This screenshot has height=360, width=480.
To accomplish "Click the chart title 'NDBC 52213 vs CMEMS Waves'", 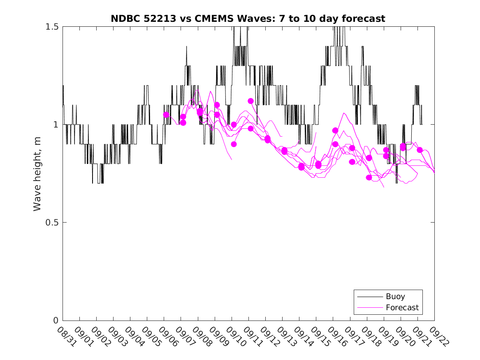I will pos(248,19).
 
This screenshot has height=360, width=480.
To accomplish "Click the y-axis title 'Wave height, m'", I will pos(37,174).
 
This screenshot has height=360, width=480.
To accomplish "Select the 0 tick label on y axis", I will pos(56,321).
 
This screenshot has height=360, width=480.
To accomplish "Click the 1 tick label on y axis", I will pos(56,125).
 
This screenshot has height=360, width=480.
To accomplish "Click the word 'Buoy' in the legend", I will pos(395,296).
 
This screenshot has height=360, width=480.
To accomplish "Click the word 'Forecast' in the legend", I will pos(402,307).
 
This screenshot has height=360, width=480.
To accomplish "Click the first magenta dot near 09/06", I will pos(166,115).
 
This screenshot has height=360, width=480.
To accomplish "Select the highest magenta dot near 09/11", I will pos(250,101).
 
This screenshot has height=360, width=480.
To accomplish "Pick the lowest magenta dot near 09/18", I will pos(369,177).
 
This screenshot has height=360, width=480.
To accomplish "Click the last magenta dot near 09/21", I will pos(420,150).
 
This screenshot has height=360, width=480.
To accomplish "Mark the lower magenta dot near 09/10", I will pos(234,144).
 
